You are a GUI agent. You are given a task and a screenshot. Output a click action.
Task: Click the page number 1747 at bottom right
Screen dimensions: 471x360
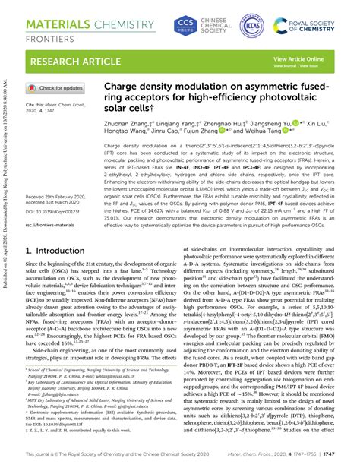pyautogui.click(x=343, y=453)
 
